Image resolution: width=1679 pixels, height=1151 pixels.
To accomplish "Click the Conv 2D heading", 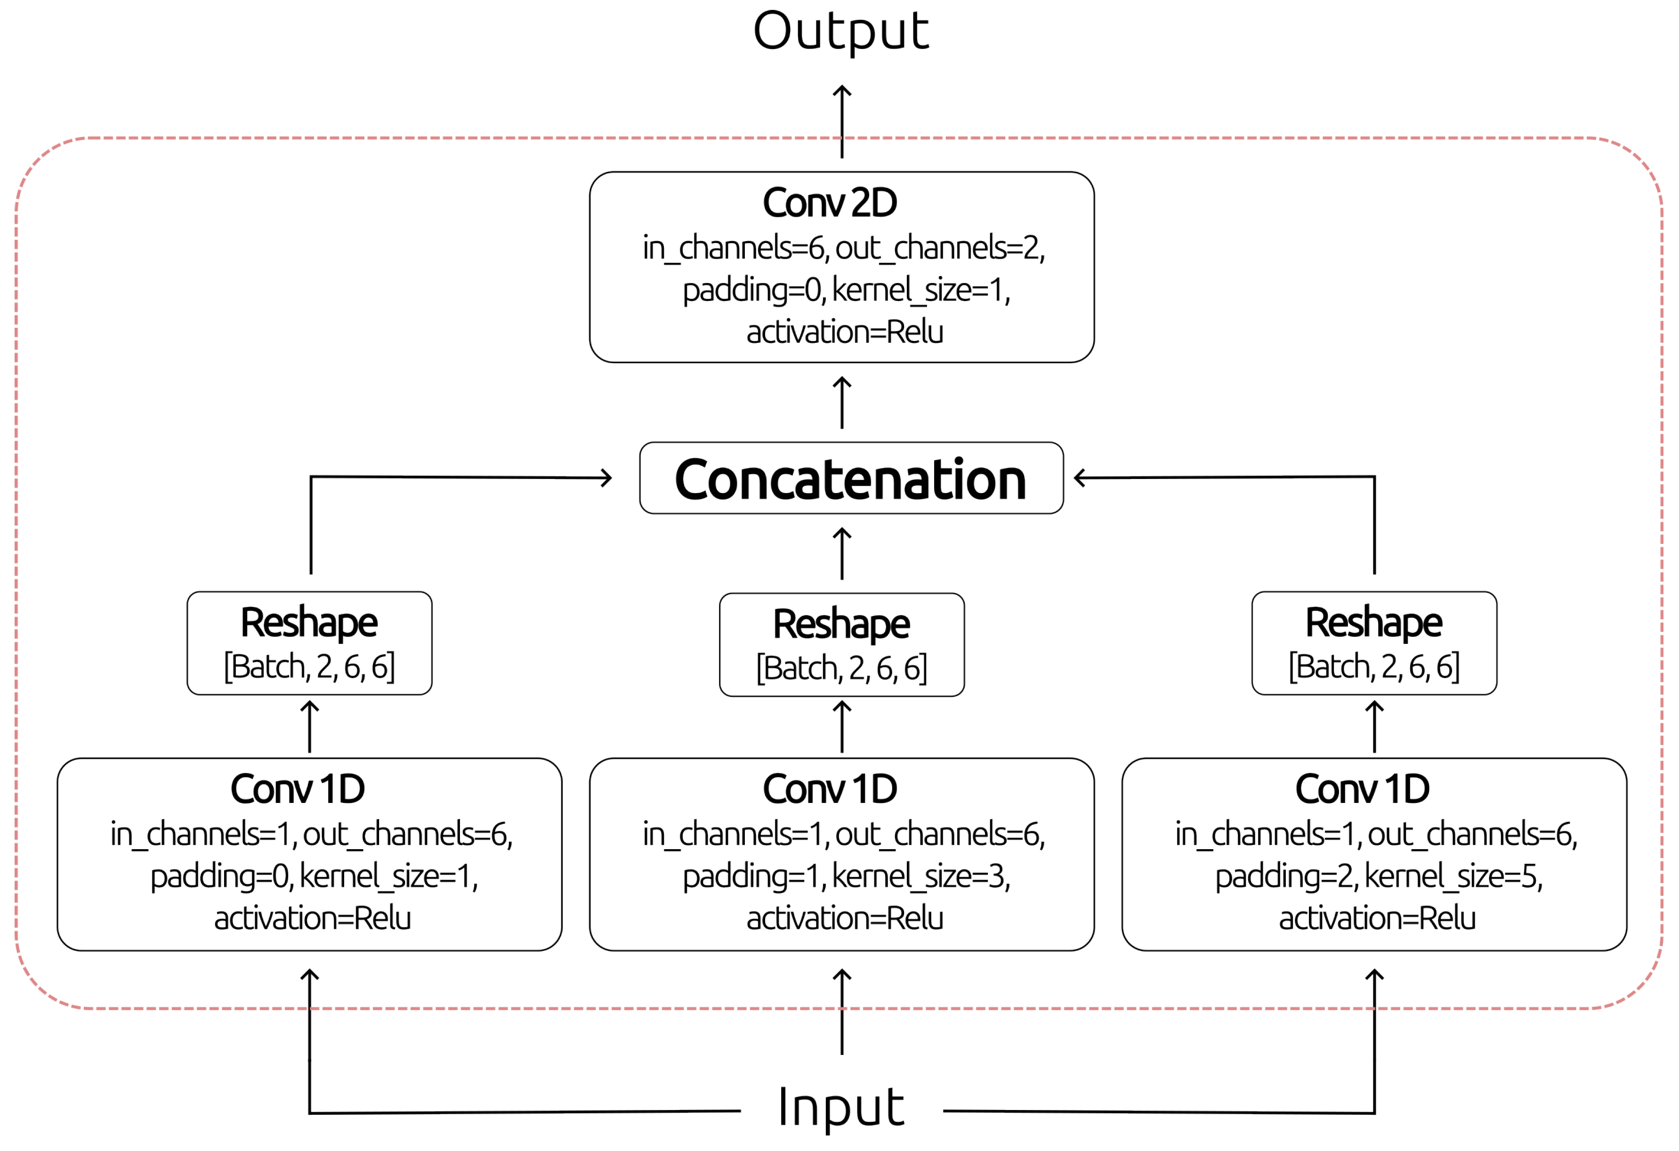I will pos(830,203).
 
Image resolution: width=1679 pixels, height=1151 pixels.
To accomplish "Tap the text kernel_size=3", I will pos(920,876).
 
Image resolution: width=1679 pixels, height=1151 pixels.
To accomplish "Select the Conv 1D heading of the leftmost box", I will pos(297,789).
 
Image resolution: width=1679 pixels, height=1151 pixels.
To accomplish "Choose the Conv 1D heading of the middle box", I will pos(830,789).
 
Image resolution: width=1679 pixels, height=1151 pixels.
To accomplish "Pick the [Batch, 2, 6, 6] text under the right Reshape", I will pos(1373,666).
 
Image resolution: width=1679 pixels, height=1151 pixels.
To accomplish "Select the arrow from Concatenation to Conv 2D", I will pos(842,403).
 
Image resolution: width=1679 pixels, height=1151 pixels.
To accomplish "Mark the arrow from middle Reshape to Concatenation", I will pos(842,554).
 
